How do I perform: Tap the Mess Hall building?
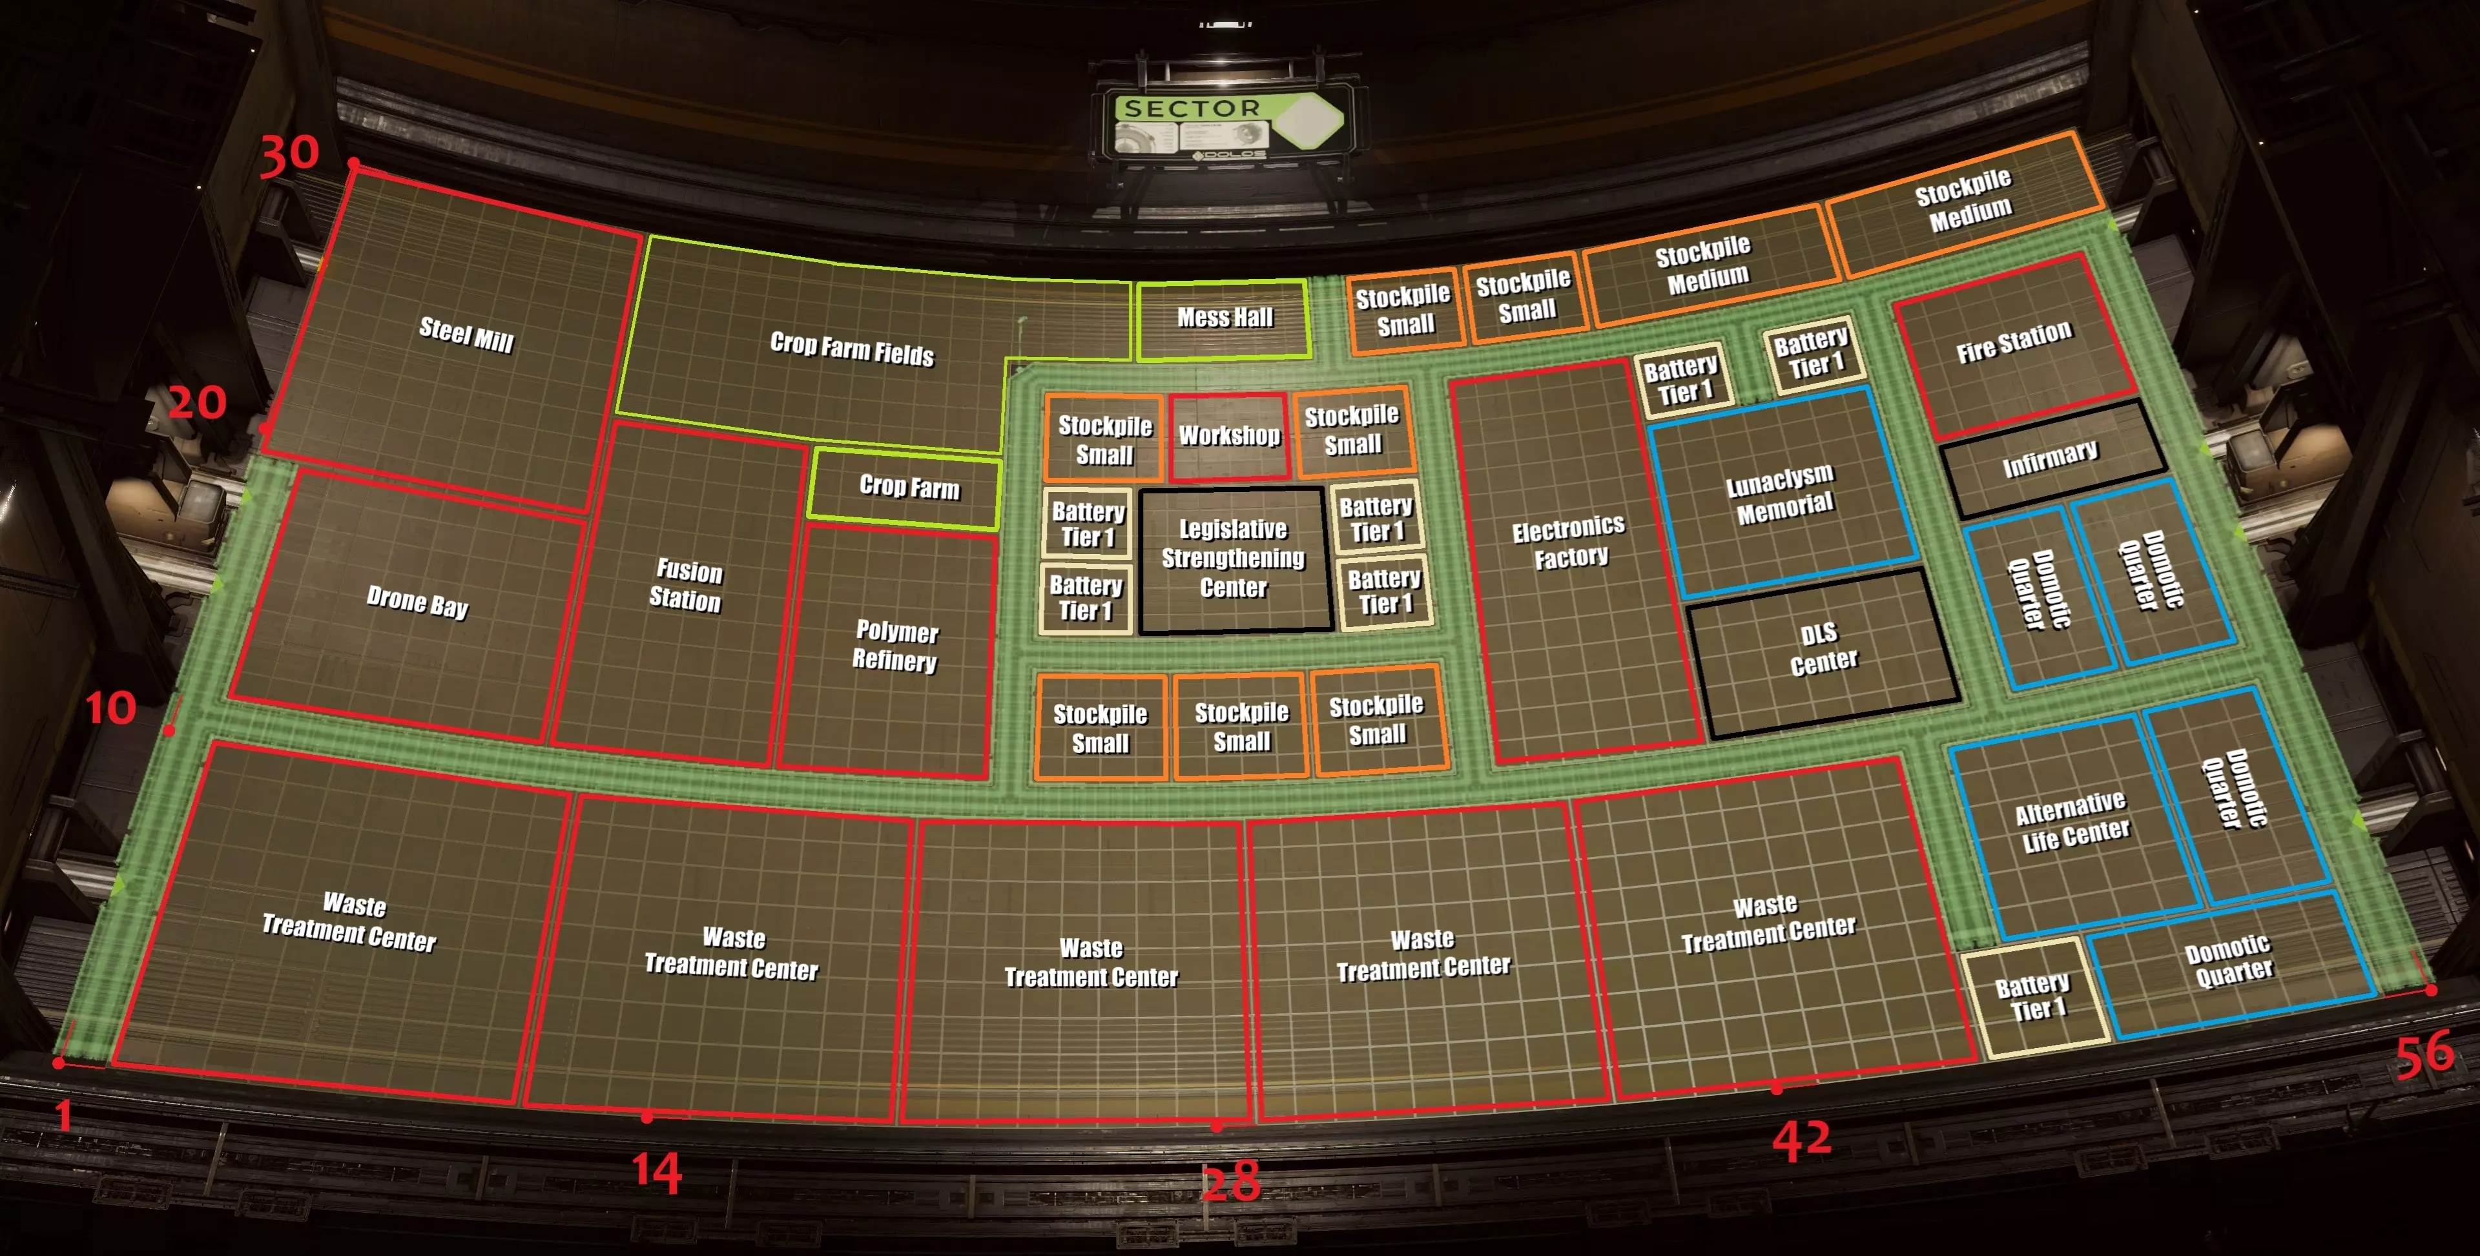1224,320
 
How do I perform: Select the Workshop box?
1230,436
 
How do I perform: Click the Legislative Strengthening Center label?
1234,558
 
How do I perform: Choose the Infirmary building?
2052,459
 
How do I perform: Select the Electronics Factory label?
1569,542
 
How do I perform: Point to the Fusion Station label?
687,585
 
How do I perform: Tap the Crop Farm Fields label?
852,349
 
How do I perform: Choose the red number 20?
198,402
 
